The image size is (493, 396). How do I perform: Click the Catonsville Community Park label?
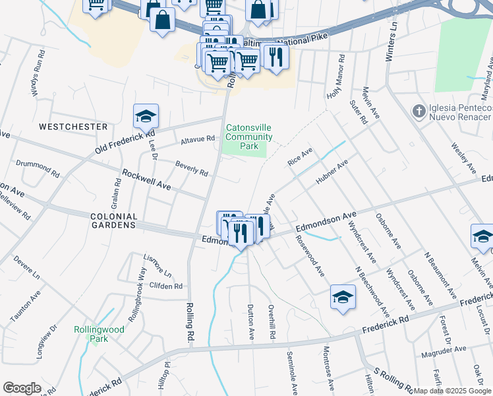tap(248, 137)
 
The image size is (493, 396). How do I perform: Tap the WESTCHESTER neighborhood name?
tap(73, 126)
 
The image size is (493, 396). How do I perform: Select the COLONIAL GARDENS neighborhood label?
tap(105, 220)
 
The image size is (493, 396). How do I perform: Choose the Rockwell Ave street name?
tap(146, 180)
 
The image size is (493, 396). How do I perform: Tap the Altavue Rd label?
tap(198, 140)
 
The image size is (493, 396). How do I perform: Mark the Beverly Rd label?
tap(191, 168)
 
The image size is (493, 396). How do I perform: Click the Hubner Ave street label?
tap(333, 174)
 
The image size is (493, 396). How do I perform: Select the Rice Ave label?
tap(300, 157)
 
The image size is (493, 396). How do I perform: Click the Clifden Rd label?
tap(166, 286)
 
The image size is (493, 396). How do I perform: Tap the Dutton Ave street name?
tap(251, 321)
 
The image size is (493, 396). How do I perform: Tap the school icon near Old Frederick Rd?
tap(146, 117)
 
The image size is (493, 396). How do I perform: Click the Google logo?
tap(22, 388)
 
